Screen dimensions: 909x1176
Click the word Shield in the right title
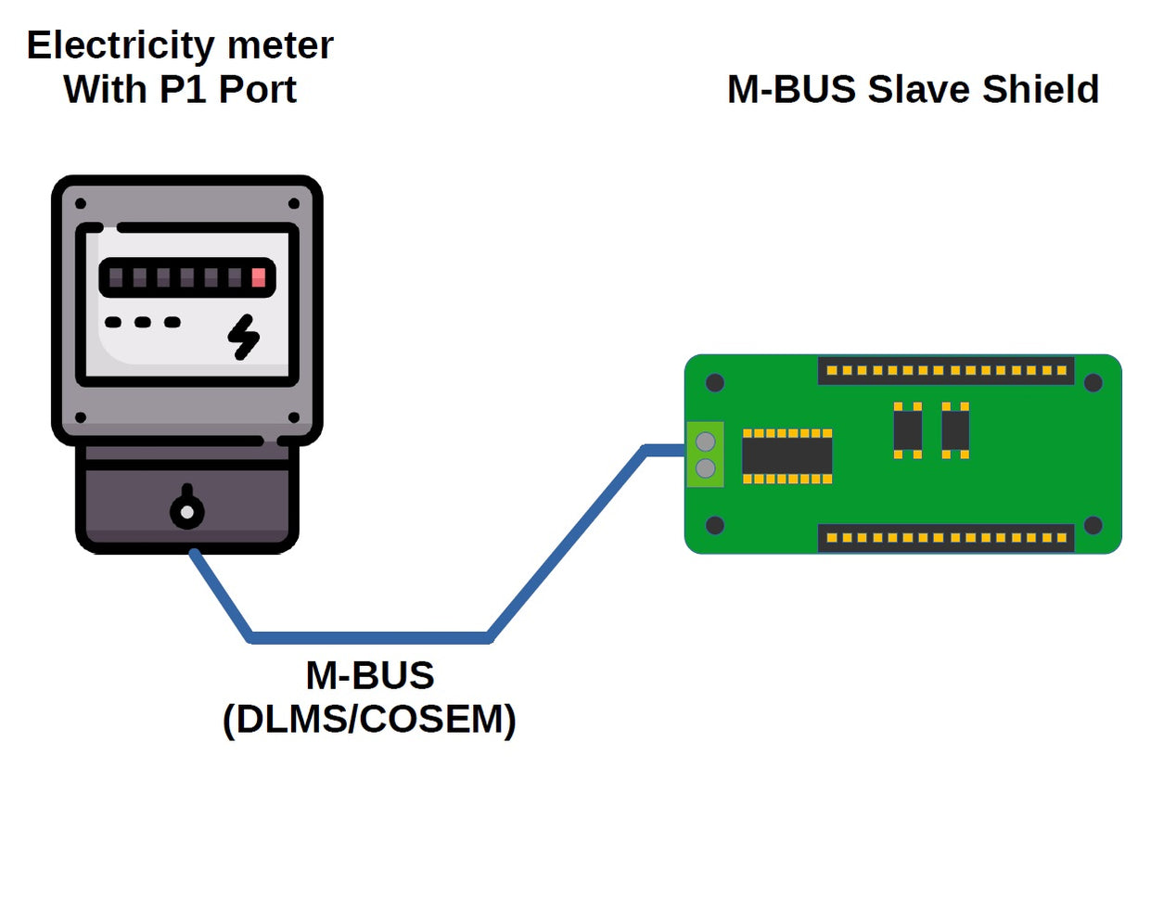click(1040, 90)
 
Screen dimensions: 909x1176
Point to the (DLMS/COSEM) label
click(369, 720)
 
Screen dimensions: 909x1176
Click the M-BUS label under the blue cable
click(369, 675)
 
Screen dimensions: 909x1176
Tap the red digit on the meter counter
click(258, 277)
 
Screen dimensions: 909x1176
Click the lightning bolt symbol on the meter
click(244, 337)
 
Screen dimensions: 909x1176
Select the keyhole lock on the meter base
click(187, 510)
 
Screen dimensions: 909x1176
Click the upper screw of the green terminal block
click(705, 442)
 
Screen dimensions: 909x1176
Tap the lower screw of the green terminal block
click(705, 468)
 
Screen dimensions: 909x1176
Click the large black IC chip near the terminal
click(786, 456)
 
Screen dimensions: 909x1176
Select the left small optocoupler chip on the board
click(907, 430)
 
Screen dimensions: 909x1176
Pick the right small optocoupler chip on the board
click(955, 430)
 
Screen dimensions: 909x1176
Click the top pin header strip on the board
click(946, 371)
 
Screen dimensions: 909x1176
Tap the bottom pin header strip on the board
click(946, 538)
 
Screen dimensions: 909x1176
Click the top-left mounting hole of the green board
click(714, 382)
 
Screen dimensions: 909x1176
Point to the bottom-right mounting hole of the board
click(1093, 526)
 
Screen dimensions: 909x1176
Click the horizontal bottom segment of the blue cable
click(369, 637)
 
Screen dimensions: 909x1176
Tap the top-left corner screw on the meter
click(81, 203)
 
